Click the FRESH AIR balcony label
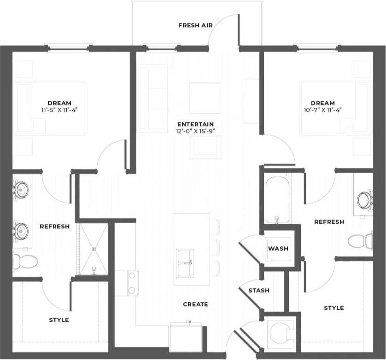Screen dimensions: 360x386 [x=195, y=25]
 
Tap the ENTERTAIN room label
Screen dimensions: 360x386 [x=196, y=124]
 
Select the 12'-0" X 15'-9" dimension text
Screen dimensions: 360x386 [x=196, y=131]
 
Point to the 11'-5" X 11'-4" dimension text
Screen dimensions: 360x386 [x=59, y=110]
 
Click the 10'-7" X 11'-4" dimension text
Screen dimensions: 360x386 [x=322, y=110]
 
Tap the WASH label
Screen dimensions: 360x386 [x=278, y=249]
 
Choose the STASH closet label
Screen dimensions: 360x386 [x=258, y=290]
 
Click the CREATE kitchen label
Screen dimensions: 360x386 [x=195, y=304]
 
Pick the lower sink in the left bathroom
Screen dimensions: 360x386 [x=21, y=229]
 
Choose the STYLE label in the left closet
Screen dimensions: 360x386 [x=59, y=319]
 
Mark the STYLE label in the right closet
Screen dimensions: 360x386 [x=333, y=308]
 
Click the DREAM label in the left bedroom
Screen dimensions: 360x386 [x=59, y=103]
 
